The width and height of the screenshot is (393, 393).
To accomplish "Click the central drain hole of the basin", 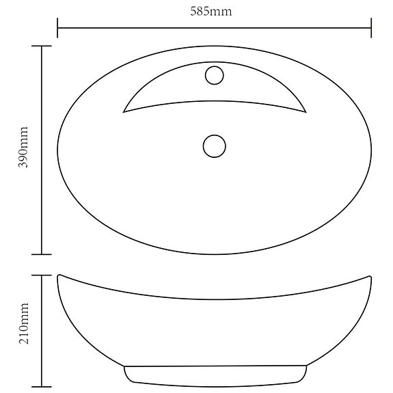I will tap(215, 146).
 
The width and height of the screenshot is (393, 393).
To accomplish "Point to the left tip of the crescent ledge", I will tap(124, 111).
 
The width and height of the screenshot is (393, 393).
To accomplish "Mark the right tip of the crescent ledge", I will tap(306, 111).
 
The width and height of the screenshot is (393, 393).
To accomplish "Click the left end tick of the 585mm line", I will tap(57, 29).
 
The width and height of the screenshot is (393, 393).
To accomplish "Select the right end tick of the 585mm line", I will tap(371, 29).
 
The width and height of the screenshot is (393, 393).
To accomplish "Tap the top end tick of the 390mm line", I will tap(42, 46).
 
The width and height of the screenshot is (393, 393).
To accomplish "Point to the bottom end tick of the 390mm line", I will tap(42, 254).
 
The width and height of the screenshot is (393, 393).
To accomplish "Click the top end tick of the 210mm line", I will tap(42, 275).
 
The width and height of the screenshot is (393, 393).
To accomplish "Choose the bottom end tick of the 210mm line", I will tap(42, 386).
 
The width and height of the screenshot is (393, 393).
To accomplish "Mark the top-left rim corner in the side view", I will tap(59, 276).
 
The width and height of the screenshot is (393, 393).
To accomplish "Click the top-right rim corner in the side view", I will tap(370, 276).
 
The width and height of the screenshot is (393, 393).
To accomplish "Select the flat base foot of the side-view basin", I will tap(214, 377).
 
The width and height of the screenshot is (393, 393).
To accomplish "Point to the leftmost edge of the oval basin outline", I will tap(58, 149).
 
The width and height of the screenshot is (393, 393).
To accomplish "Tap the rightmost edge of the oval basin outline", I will tap(371, 149).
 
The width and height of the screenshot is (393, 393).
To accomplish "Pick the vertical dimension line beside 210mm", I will tap(42, 355).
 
